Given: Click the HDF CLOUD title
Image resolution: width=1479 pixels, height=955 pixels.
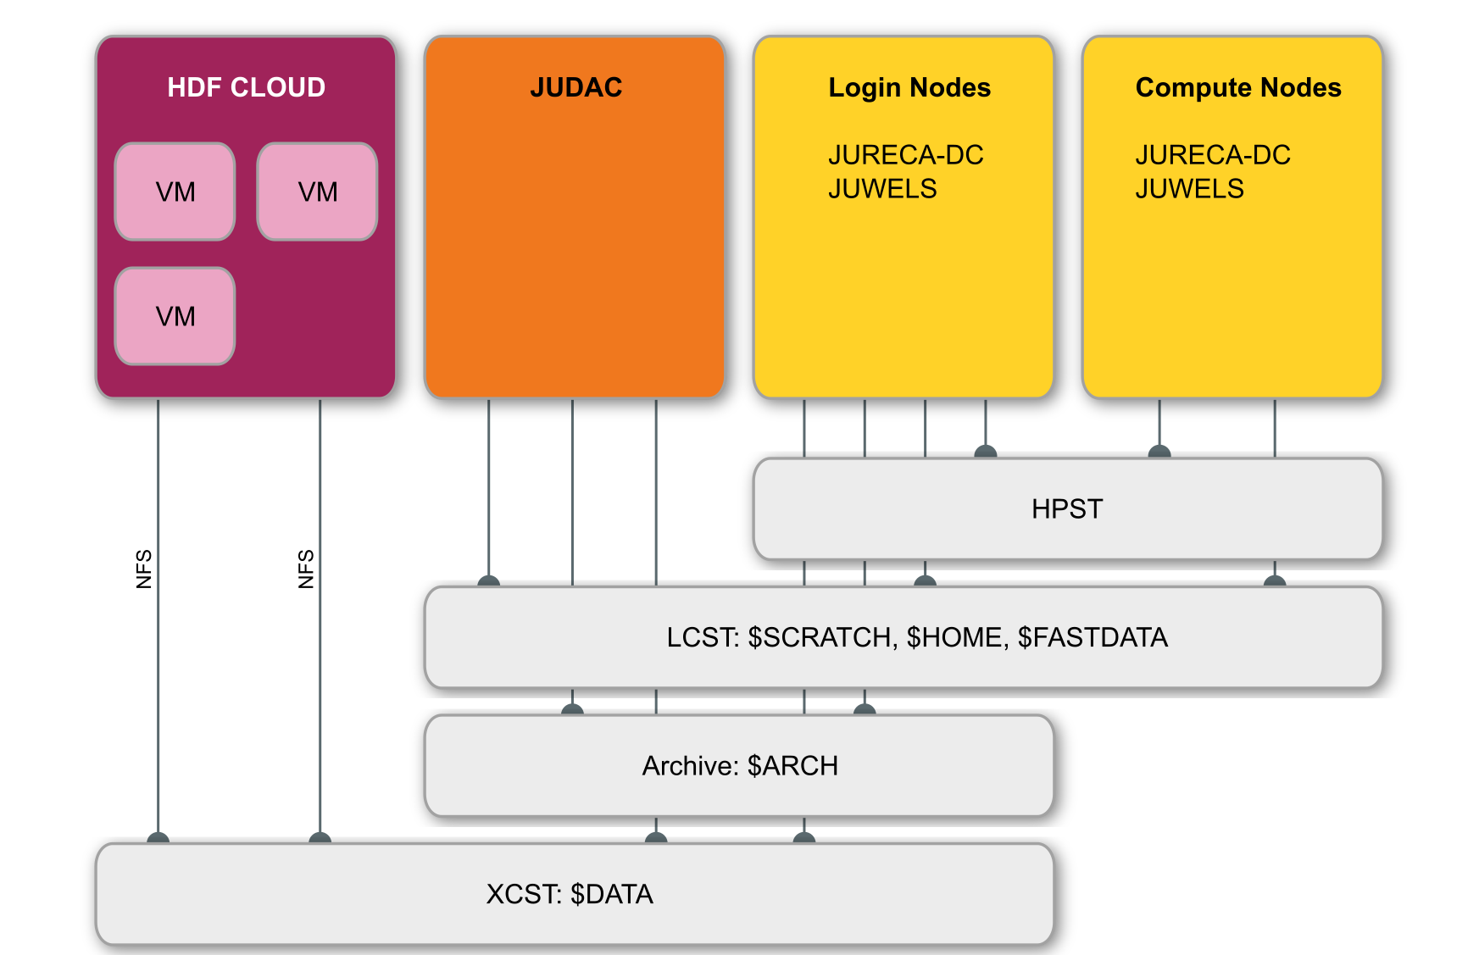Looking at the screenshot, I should (246, 87).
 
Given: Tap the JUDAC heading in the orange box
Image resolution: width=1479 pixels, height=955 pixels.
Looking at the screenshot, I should (575, 87).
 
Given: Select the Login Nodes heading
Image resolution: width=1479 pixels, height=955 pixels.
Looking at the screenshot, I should (909, 87).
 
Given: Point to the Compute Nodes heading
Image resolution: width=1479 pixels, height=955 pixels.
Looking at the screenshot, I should (1237, 87).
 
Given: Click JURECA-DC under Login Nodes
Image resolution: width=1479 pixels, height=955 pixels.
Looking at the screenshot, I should (905, 155).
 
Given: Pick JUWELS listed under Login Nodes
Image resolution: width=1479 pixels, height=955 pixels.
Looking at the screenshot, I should (882, 189).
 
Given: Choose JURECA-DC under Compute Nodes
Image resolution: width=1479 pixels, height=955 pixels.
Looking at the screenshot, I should (1212, 155).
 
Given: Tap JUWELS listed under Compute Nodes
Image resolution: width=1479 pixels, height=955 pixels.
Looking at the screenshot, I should (1189, 189).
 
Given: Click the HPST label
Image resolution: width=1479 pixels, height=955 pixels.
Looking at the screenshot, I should (1067, 509).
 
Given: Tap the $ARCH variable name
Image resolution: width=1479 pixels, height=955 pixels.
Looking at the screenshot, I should (792, 766).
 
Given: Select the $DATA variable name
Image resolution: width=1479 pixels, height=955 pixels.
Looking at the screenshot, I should (611, 895).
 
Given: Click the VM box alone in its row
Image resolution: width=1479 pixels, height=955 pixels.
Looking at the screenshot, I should (175, 316).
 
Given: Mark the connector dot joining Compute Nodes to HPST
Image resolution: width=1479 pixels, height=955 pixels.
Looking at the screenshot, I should (1159, 453).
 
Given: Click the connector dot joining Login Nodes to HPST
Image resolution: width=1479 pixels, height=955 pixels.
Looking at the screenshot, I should (985, 453).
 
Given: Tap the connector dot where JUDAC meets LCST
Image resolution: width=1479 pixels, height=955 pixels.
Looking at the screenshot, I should (488, 581).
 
